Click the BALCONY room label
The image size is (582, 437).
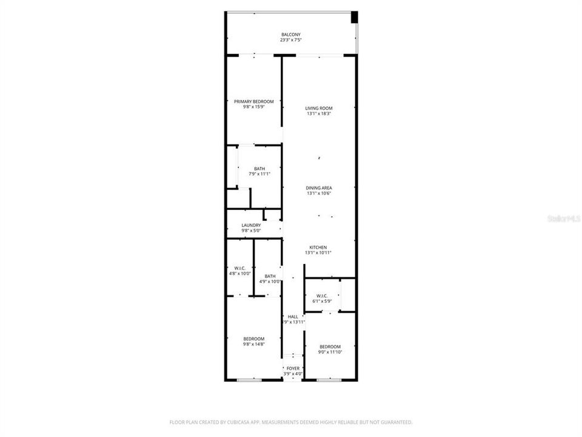(290, 35)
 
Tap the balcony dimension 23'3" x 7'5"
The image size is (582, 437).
(290, 40)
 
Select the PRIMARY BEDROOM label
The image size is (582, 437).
(254, 101)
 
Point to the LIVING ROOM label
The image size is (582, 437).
(319, 109)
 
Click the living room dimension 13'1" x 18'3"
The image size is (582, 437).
(319, 114)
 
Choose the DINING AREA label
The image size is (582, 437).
(319, 188)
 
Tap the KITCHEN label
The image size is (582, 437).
(318, 248)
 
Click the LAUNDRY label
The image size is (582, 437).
(251, 225)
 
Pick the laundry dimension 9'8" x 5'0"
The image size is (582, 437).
(251, 231)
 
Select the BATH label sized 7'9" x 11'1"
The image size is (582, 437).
(259, 169)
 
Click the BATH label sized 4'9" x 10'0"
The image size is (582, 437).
(270, 276)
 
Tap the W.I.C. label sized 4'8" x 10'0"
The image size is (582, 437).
(240, 268)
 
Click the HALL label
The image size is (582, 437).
(293, 317)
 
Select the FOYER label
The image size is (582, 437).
(293, 368)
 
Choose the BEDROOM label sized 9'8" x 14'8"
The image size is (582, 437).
(254, 339)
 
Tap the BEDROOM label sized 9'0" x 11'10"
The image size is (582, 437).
(330, 347)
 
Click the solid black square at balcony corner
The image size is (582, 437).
(355, 17)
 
